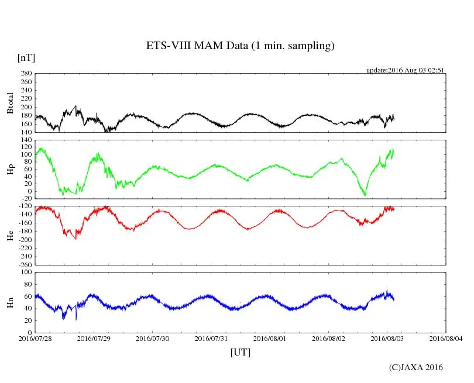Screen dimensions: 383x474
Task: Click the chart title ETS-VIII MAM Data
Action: (240, 46)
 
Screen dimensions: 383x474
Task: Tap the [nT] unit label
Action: (26, 57)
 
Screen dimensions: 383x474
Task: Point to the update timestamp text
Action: (406, 70)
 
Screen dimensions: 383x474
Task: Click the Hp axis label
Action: (10, 170)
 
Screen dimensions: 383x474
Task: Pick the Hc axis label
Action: (10, 235)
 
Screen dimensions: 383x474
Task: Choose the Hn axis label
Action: (10, 302)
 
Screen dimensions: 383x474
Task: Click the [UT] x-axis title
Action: (240, 352)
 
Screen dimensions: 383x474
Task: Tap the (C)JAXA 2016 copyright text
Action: (415, 367)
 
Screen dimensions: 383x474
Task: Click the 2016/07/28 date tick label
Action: (35, 339)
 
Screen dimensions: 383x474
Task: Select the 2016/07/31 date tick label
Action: (211, 339)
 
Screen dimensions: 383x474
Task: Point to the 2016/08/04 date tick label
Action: (446, 339)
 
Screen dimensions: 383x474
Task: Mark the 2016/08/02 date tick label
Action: (329, 339)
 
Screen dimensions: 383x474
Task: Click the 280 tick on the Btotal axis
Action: (25, 74)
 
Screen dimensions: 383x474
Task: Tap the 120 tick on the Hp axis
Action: (25, 141)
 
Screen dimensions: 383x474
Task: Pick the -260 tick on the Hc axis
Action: (23, 264)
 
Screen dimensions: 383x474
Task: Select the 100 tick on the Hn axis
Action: (25, 272)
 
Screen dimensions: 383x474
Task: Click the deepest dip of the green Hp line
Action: (365, 195)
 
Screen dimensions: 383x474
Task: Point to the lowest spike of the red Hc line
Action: (76, 239)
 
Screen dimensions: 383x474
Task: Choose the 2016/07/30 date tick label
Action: (153, 339)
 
